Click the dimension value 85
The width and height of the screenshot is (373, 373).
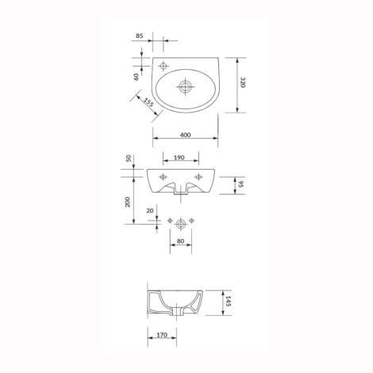[140, 36]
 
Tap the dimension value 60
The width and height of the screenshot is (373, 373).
[136, 77]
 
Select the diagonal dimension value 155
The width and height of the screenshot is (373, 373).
[148, 102]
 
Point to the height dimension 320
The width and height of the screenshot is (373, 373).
[243, 83]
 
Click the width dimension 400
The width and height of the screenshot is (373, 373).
[186, 135]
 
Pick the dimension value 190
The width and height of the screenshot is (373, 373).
[179, 158]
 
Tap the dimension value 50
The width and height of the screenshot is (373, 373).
[129, 159]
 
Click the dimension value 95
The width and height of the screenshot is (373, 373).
[240, 184]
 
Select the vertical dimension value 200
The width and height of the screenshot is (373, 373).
[128, 202]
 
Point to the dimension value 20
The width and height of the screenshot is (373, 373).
[150, 210]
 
